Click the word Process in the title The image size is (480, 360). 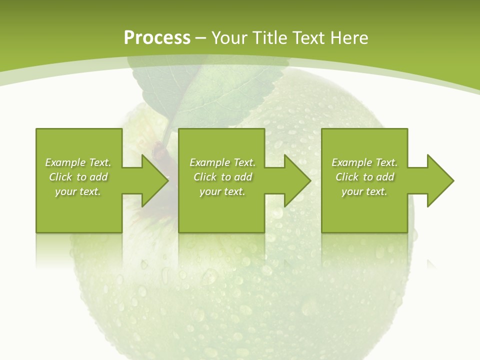tap(157, 38)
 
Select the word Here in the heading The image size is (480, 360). tap(349, 38)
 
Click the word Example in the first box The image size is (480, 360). tap(65, 162)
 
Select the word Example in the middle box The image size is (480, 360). tap(210, 162)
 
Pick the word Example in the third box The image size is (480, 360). tap(352, 162)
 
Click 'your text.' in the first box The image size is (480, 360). tap(78, 191)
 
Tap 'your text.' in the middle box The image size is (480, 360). tap(222, 191)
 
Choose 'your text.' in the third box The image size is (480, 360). tap(364, 191)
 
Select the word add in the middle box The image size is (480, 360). tap(243, 177)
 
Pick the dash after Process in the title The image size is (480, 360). tap(201, 38)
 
